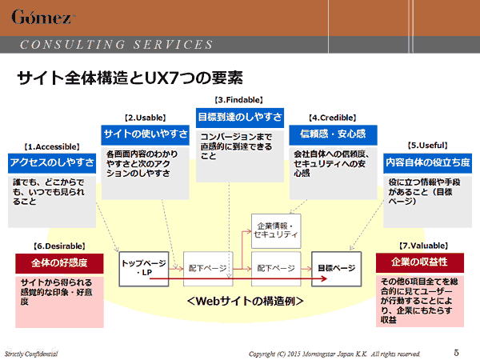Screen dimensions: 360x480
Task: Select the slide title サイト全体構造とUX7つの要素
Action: click(x=129, y=78)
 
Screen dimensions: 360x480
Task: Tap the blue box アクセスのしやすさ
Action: click(x=50, y=162)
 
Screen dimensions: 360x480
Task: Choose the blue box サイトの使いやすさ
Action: click(x=145, y=133)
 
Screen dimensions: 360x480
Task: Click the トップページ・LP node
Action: click(x=143, y=268)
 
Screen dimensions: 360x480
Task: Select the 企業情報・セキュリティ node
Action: click(x=276, y=230)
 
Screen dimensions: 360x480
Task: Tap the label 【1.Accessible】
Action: click(x=50, y=146)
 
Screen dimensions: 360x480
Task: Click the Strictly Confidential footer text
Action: click(x=31, y=353)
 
